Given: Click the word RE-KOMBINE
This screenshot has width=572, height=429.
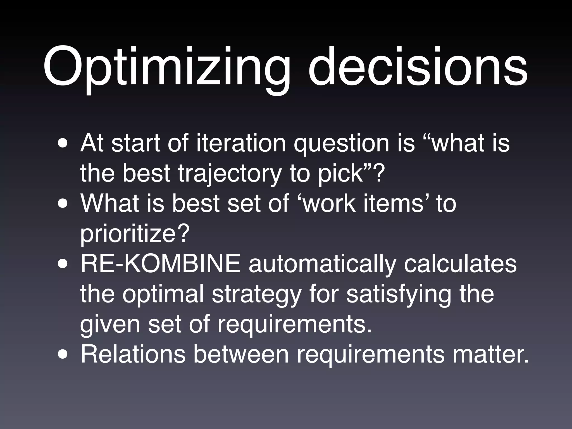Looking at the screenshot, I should coord(160,264).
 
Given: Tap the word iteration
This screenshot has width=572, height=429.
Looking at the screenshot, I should coord(241,143).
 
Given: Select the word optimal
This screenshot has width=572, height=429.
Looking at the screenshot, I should coord(163,294).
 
